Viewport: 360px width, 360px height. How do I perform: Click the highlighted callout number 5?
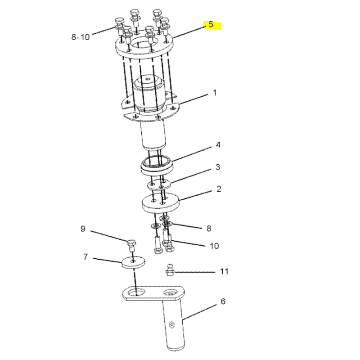[211, 24]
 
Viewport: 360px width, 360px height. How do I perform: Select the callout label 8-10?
[81, 37]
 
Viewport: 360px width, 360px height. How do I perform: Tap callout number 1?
[215, 93]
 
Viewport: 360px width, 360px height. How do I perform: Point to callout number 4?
[218, 145]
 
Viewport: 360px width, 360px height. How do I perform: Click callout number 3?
[218, 167]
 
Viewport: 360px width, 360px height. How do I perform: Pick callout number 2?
[219, 189]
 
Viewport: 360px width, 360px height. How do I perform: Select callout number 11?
[224, 271]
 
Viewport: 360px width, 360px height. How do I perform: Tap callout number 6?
[223, 301]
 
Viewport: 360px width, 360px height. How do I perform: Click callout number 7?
[85, 256]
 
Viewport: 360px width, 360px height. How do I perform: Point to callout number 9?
[83, 229]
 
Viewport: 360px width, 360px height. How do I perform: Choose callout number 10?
[214, 246]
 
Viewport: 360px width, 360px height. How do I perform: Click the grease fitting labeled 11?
[170, 270]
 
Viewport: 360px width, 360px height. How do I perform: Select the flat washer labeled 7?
[133, 262]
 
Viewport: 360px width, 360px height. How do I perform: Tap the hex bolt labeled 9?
[131, 245]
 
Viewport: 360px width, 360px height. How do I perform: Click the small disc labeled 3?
[158, 184]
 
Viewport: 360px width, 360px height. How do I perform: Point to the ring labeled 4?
[157, 165]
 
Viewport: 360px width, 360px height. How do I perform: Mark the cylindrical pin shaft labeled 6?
[173, 325]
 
